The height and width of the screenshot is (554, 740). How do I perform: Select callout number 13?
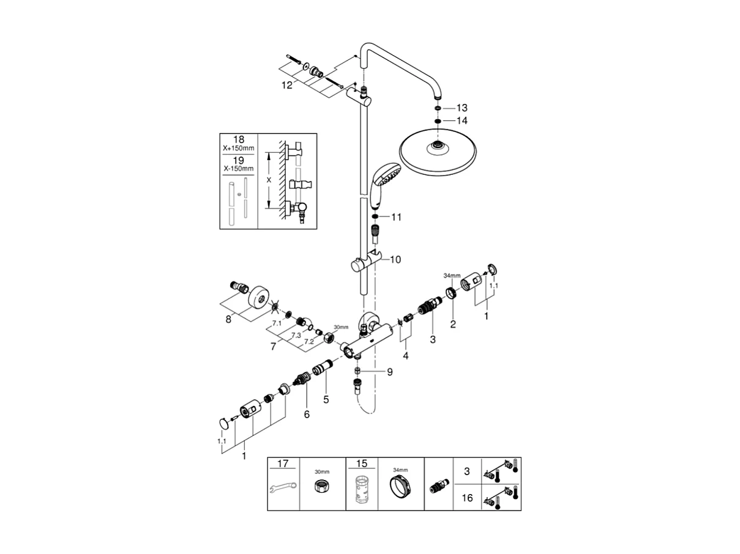[x=462, y=108]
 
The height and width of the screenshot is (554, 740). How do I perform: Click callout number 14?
[x=462, y=121]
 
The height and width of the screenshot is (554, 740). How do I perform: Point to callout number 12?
[x=287, y=86]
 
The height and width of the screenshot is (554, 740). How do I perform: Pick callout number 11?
[x=397, y=217]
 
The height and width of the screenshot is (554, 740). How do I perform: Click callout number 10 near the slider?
[x=395, y=260]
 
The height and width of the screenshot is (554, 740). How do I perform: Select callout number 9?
[x=389, y=371]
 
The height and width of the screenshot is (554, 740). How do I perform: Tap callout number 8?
[x=228, y=319]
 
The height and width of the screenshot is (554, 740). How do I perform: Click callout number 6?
[x=307, y=414]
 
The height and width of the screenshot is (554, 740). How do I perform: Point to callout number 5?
[x=326, y=399]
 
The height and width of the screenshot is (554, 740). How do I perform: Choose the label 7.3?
[x=296, y=336]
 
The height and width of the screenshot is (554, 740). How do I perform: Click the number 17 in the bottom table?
[x=282, y=464]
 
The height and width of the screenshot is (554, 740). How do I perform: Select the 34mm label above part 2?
[x=452, y=276]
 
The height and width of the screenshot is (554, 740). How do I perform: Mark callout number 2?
[x=453, y=324]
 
